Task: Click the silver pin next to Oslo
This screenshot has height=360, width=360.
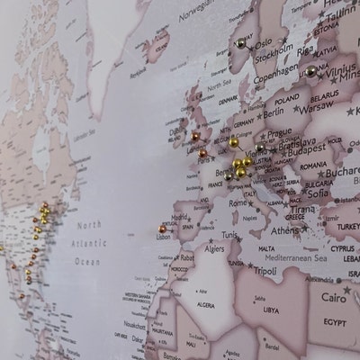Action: pos(241,42)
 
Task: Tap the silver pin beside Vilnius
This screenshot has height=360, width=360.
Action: pos(310,70)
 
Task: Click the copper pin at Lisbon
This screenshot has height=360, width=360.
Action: pos(163,229)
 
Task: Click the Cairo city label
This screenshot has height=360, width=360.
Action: pos(332,297)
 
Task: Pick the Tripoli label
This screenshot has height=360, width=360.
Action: pos(264,270)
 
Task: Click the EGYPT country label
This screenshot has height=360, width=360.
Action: pos(334,322)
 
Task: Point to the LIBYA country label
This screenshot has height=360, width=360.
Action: pos(270,310)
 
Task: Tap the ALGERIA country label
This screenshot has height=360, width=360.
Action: pos(206,305)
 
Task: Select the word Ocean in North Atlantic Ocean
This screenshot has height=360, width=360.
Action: pos(87,261)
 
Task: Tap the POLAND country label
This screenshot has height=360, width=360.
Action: pos(287,99)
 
